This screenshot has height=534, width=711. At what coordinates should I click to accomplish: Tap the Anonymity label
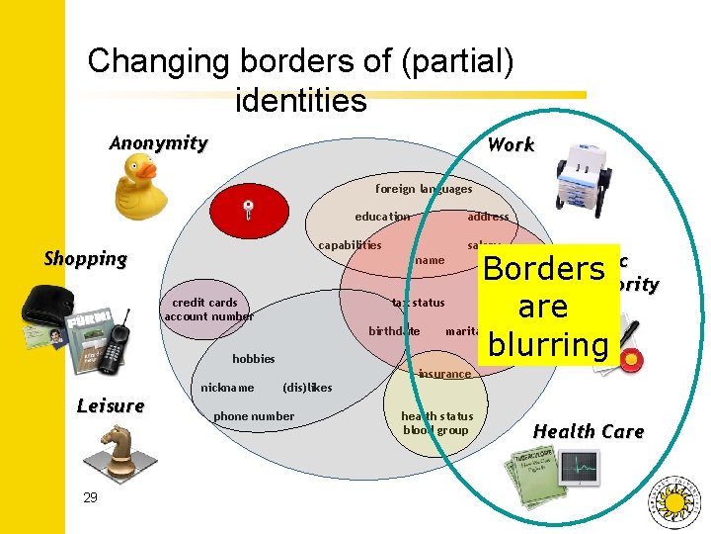click(x=158, y=143)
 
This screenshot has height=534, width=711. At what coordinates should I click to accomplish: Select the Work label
click(x=511, y=144)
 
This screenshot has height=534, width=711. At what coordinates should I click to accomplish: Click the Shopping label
click(x=86, y=259)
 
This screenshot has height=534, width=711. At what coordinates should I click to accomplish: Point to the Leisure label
click(x=111, y=405)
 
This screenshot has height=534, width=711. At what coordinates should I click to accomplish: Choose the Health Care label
click(x=589, y=431)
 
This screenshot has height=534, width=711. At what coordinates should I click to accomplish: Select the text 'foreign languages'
click(x=424, y=189)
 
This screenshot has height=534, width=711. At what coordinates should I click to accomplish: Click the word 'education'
click(x=382, y=217)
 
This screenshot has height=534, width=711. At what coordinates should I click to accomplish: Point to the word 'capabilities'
click(x=350, y=245)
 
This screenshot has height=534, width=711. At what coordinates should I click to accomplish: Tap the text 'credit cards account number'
click(x=207, y=310)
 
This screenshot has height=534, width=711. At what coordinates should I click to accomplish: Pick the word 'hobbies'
click(x=254, y=359)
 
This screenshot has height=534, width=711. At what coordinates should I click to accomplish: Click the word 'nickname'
click(x=227, y=388)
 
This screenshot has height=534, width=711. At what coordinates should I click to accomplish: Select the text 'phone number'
click(x=254, y=416)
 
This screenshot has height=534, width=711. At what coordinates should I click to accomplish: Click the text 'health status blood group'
click(x=436, y=423)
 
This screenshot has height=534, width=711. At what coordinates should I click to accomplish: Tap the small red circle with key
click(x=251, y=208)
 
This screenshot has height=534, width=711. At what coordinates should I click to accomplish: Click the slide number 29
click(x=90, y=497)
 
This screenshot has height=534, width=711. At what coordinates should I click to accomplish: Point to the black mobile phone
click(x=119, y=337)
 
